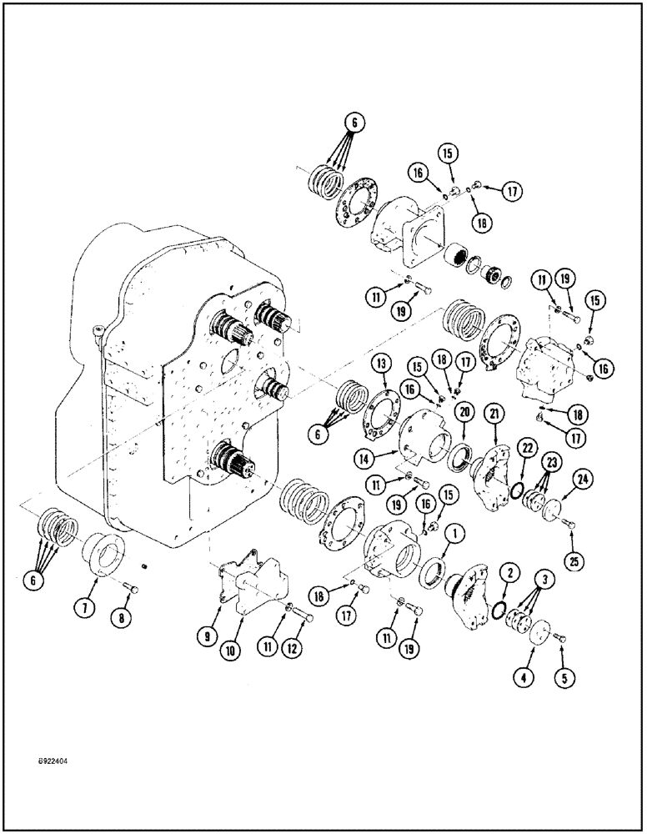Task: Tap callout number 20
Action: click(x=464, y=411)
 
